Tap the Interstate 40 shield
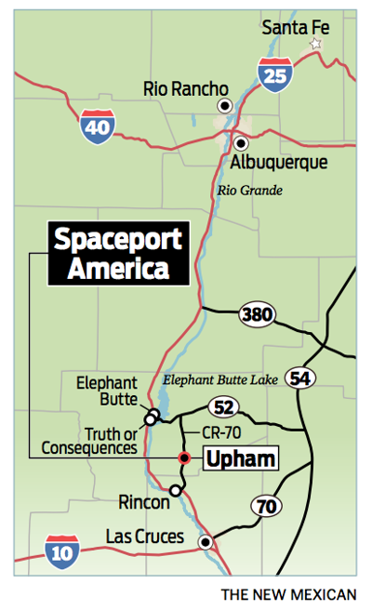pyautogui.click(x=97, y=126)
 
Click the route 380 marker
pyautogui.click(x=255, y=315)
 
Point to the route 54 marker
pyautogui.click(x=299, y=377)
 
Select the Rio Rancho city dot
pyautogui.click(x=223, y=107)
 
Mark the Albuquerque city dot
pyautogui.click(x=240, y=143)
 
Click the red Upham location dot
pyautogui.click(x=184, y=457)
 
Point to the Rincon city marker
pyautogui.click(x=175, y=490)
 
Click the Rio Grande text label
pyautogui.click(x=249, y=192)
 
